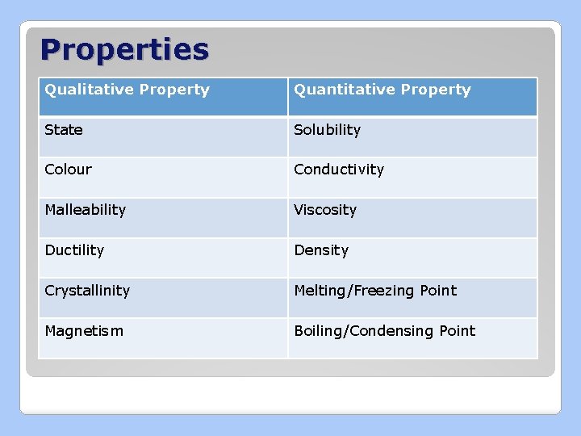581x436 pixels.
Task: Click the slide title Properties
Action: [x=124, y=50]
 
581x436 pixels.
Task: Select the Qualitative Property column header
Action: [x=127, y=90]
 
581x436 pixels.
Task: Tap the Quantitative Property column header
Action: [x=382, y=90]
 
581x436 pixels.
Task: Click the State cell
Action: [x=64, y=130]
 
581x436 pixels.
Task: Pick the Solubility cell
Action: [x=327, y=130]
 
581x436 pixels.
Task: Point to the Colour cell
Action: [x=69, y=170]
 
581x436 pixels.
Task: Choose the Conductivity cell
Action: [x=339, y=170]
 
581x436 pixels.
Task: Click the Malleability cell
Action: [x=86, y=210]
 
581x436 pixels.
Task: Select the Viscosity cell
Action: [x=325, y=210]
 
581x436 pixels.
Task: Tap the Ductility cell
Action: [x=74, y=250]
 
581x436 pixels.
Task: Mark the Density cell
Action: [x=321, y=250]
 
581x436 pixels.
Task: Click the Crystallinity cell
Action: [x=87, y=291]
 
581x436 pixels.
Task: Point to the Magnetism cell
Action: [x=84, y=331]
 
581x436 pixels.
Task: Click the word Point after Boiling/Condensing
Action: [x=457, y=331]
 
